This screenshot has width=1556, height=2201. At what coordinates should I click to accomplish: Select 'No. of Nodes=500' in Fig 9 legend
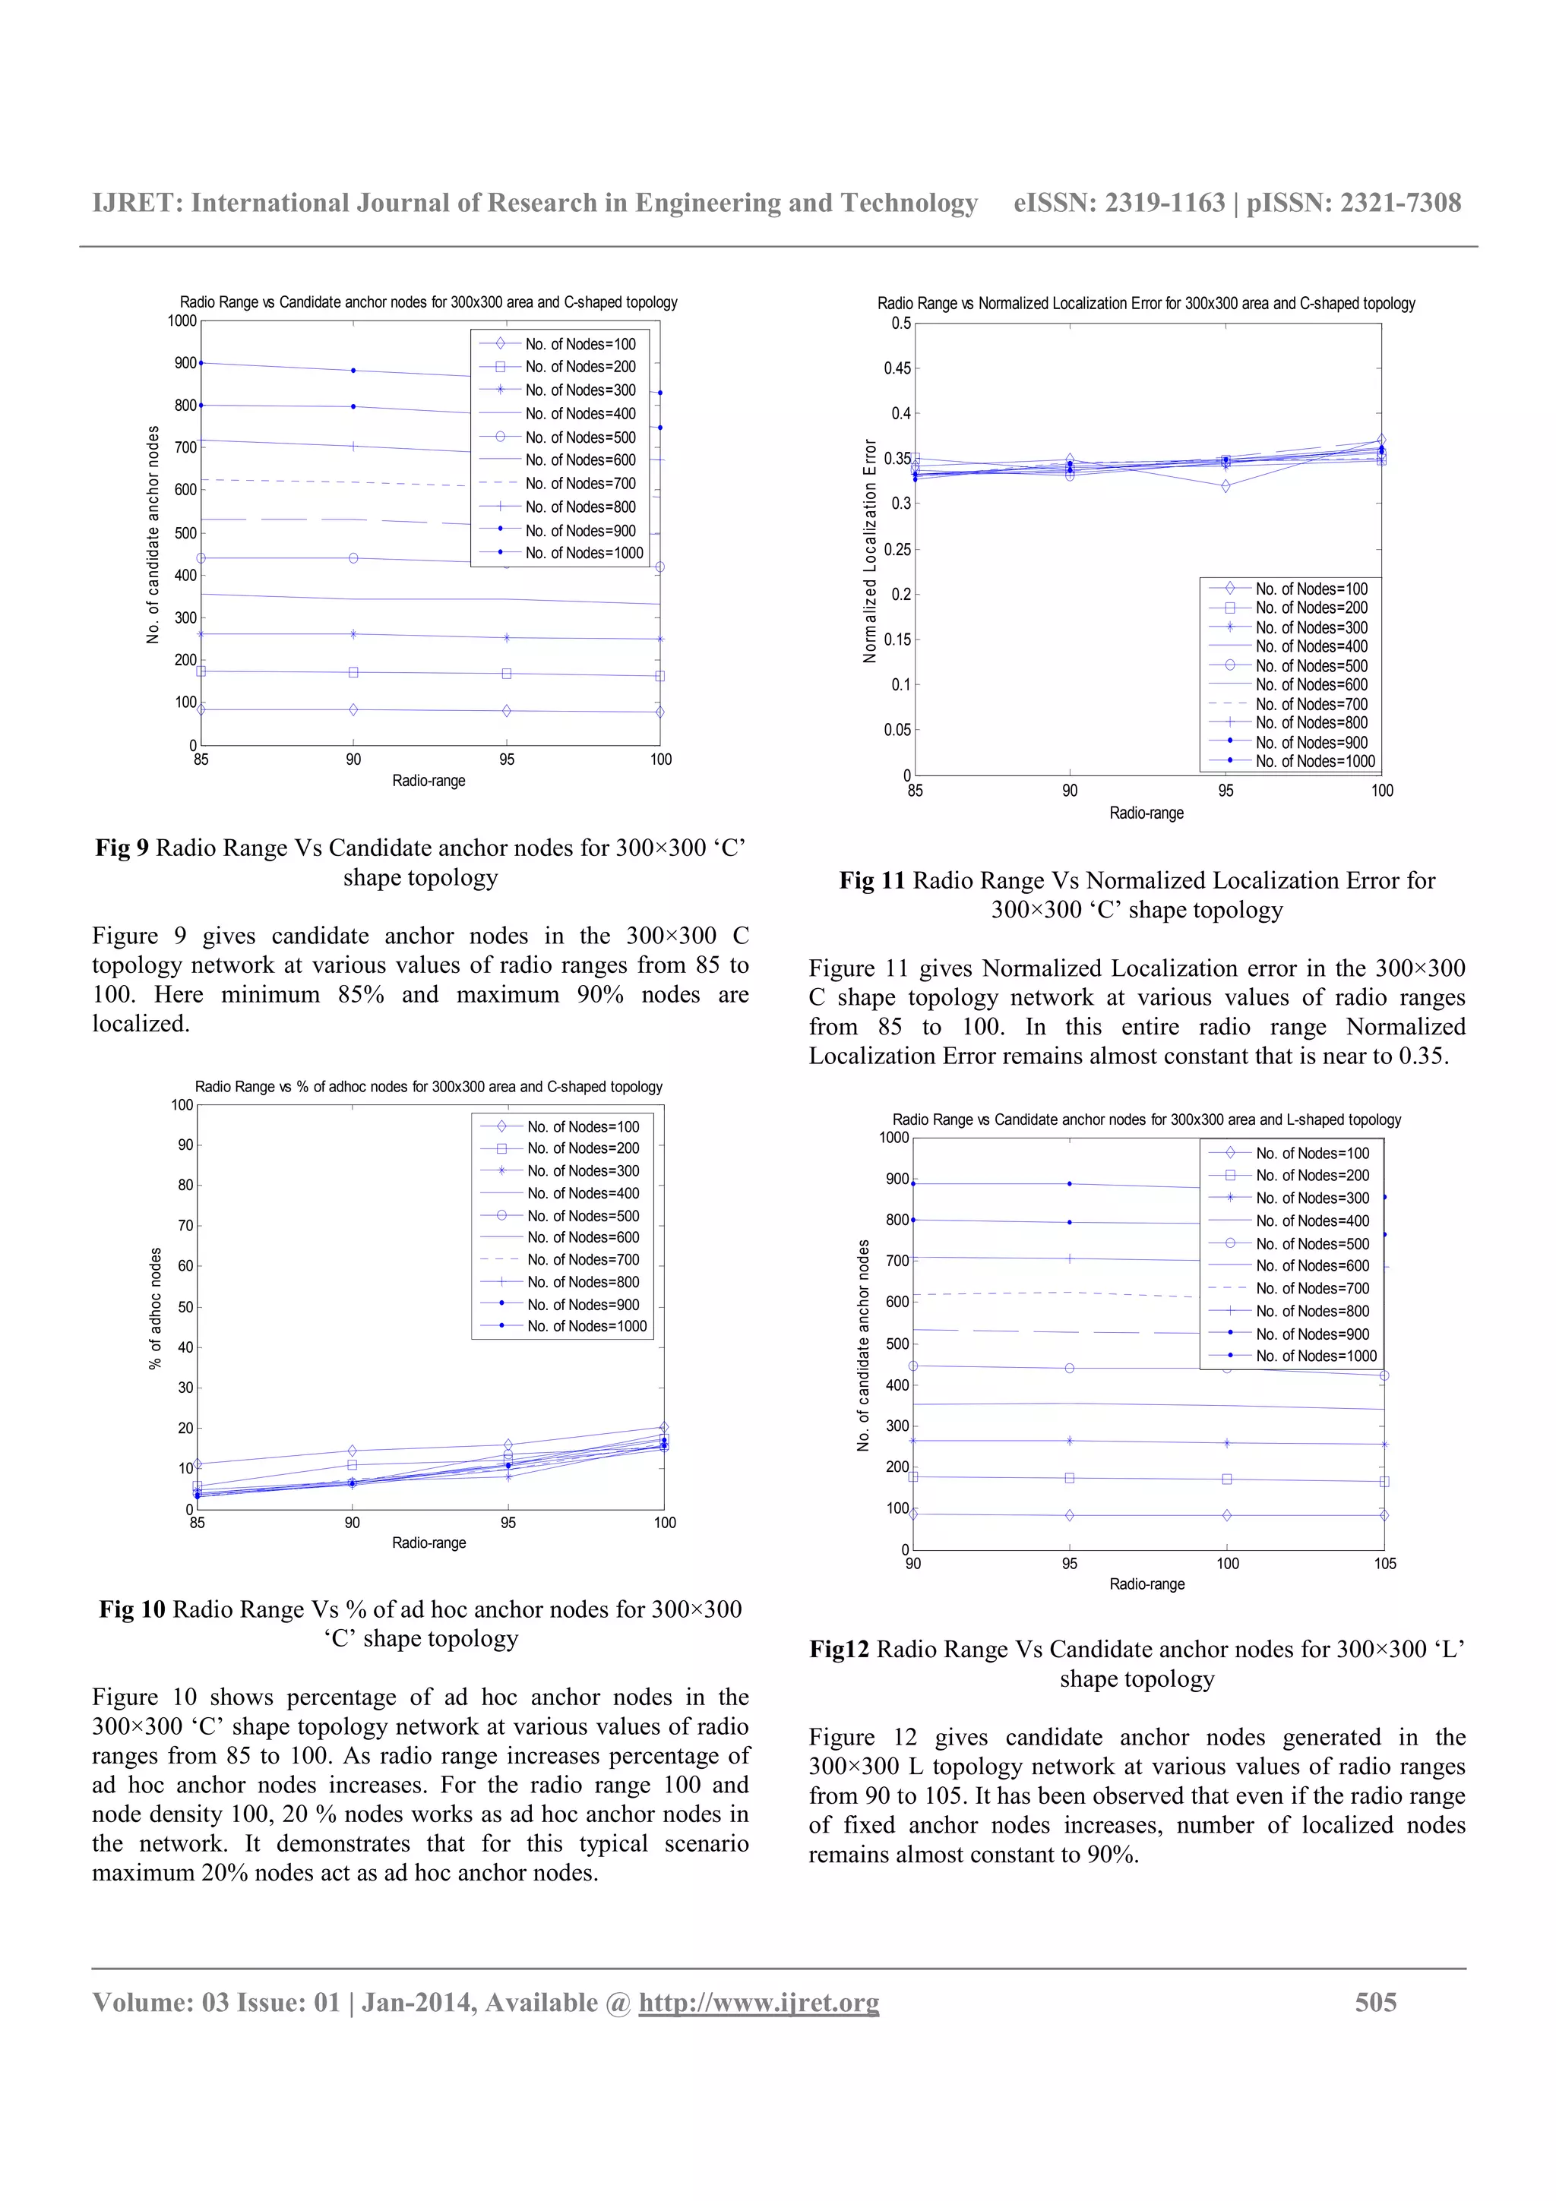click(580, 437)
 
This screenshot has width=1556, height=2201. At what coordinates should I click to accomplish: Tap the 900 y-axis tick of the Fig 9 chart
click(185, 363)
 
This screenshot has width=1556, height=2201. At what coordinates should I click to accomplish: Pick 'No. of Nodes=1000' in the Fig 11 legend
click(1315, 761)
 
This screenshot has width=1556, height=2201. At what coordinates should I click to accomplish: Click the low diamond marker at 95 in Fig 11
click(1226, 486)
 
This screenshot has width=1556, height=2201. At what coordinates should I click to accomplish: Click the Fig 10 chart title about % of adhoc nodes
click(429, 1087)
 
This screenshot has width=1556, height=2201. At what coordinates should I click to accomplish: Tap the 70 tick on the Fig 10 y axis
click(185, 1225)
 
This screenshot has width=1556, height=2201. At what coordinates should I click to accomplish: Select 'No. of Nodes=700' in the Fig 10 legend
click(583, 1260)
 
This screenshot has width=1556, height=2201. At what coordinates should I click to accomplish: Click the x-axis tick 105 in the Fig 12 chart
click(1384, 1564)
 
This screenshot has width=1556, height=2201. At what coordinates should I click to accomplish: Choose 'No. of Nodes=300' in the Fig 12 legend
click(1312, 1198)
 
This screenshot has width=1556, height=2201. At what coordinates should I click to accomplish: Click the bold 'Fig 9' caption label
click(122, 848)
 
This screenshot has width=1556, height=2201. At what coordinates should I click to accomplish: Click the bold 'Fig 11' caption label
click(871, 881)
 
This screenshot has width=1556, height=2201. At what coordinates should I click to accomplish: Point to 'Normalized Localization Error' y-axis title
click(871, 551)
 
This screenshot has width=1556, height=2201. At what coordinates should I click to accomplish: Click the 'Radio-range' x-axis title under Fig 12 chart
click(1146, 1584)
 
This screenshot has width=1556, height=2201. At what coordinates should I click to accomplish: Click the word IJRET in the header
click(135, 204)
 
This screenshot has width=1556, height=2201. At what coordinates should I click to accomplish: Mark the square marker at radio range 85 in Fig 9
click(201, 671)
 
